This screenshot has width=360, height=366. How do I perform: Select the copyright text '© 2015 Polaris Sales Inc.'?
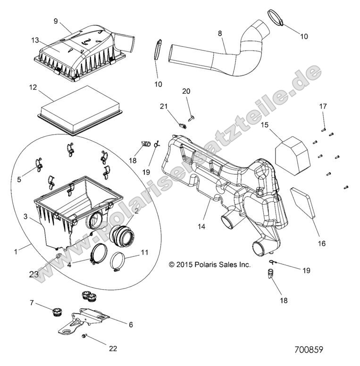pos(209,265)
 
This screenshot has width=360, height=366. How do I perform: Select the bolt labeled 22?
pos(85,336)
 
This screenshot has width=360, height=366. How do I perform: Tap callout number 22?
pos(113,349)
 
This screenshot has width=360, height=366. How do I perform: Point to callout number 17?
pos(323,107)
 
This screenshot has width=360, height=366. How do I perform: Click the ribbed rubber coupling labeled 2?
pos(122,234)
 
